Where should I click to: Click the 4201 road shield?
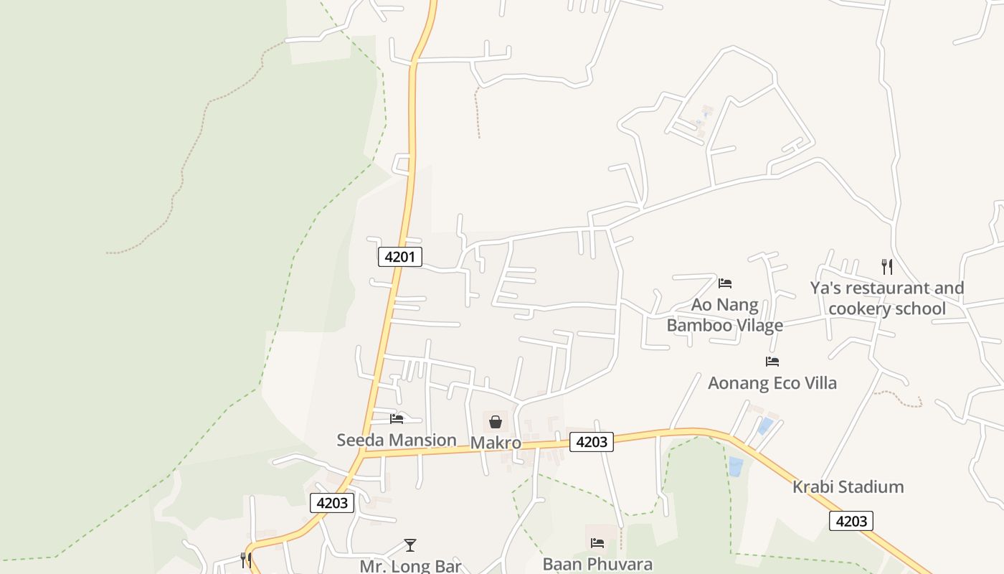pyautogui.click(x=399, y=256)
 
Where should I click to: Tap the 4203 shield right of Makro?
pyautogui.click(x=592, y=442)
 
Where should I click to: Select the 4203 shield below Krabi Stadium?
pyautogui.click(x=851, y=521)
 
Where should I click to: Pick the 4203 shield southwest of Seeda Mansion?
pyautogui.click(x=332, y=503)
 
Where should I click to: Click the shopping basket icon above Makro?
pyautogui.click(x=495, y=421)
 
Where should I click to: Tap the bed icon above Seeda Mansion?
pyautogui.click(x=397, y=419)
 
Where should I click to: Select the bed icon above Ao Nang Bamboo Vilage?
pyautogui.click(x=725, y=283)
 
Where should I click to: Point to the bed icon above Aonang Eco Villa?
pyautogui.click(x=772, y=362)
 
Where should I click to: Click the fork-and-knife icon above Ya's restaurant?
pyautogui.click(x=887, y=267)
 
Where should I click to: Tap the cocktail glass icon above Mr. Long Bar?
pyautogui.click(x=409, y=545)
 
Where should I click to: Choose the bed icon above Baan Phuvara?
pyautogui.click(x=597, y=543)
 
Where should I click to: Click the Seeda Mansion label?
pyautogui.click(x=397, y=440)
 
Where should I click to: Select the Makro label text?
pyautogui.click(x=496, y=443)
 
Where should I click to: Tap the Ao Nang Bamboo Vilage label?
pyautogui.click(x=724, y=315)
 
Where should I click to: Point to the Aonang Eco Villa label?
pyautogui.click(x=772, y=382)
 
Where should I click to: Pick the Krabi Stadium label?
pyautogui.click(x=848, y=486)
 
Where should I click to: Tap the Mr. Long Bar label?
pyautogui.click(x=410, y=565)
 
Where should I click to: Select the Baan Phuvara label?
pyautogui.click(x=597, y=563)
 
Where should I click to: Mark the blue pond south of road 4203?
pyautogui.click(x=736, y=466)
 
